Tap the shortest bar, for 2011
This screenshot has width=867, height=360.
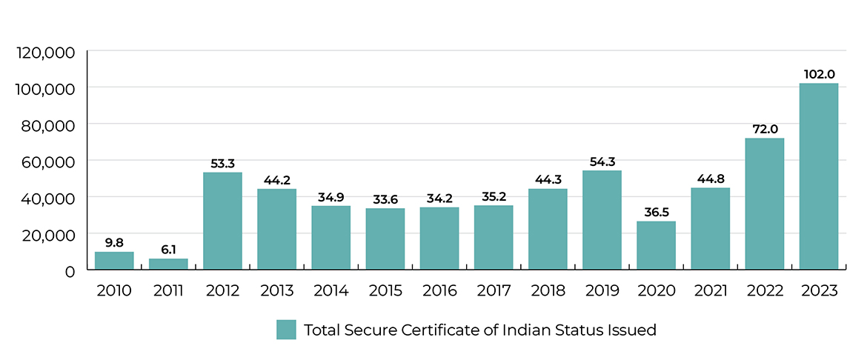[x=168, y=264]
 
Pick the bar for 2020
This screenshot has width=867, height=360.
[x=656, y=245]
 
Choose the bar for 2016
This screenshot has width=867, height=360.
[x=439, y=238]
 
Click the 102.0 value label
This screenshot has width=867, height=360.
[x=819, y=74]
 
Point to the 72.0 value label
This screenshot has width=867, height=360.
[x=765, y=129]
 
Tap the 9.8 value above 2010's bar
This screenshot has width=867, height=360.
[x=114, y=242]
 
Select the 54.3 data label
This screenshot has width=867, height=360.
[x=602, y=161]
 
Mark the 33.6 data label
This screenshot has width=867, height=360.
[x=385, y=199]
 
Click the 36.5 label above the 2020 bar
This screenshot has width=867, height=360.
[x=656, y=212]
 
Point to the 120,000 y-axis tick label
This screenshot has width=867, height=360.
[x=45, y=52]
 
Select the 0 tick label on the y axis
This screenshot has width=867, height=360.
[x=70, y=271]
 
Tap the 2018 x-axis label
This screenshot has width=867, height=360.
[x=548, y=290]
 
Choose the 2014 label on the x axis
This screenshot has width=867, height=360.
[x=331, y=290]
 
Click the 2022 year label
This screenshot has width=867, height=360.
[x=765, y=290]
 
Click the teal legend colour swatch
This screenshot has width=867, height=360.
[x=286, y=330]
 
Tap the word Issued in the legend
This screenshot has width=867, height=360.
[x=633, y=330]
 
